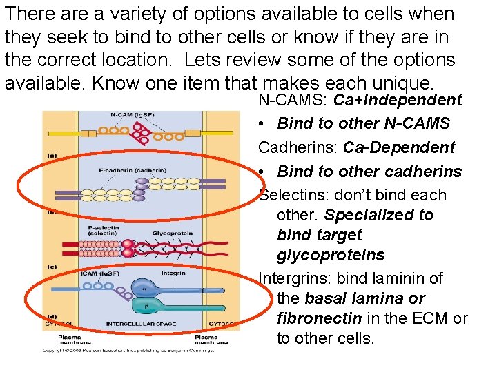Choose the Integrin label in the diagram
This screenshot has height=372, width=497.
click(x=173, y=273)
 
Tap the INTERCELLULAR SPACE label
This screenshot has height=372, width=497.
click(x=141, y=323)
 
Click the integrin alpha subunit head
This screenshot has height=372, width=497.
click(x=146, y=288)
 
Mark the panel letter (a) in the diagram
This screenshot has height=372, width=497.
click(x=52, y=156)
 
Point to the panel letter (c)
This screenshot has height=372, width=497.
click(x=52, y=266)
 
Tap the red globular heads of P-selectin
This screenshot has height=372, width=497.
click(x=129, y=244)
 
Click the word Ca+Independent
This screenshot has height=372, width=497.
click(x=398, y=101)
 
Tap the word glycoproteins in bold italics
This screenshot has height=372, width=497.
click(x=331, y=255)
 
